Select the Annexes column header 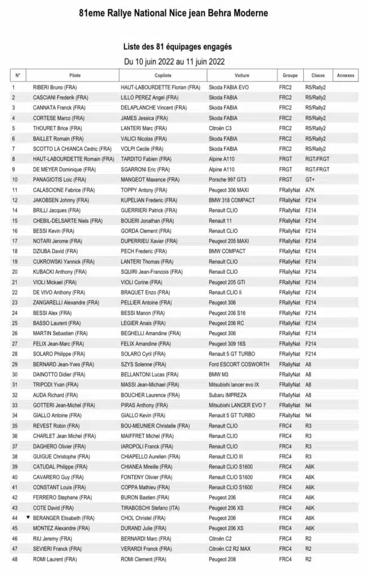[345, 75]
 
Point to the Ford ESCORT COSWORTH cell [239, 364]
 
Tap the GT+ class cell [310, 180]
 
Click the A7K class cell [310, 190]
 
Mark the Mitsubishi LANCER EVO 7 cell [238, 405]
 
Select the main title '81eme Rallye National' [173, 12]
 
